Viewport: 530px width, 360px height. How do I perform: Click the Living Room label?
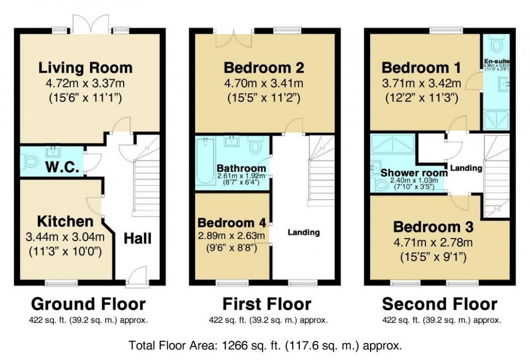(x=85, y=68)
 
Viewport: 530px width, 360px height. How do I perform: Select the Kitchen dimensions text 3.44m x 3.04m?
(x=65, y=238)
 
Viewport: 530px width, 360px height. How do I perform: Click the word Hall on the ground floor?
(x=137, y=238)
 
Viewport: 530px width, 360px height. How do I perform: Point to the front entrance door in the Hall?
(x=136, y=277)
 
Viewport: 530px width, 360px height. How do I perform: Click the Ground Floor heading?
(x=89, y=304)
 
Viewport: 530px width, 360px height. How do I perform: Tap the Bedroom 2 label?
(x=263, y=68)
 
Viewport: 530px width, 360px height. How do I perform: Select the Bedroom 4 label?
(x=232, y=223)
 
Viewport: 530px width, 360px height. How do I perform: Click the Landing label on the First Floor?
(x=304, y=232)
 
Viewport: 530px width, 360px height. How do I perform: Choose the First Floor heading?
(x=267, y=304)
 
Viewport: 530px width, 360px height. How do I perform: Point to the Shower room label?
(x=414, y=173)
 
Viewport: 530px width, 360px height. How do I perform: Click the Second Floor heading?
(x=439, y=304)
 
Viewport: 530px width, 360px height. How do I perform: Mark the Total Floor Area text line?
(x=264, y=344)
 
